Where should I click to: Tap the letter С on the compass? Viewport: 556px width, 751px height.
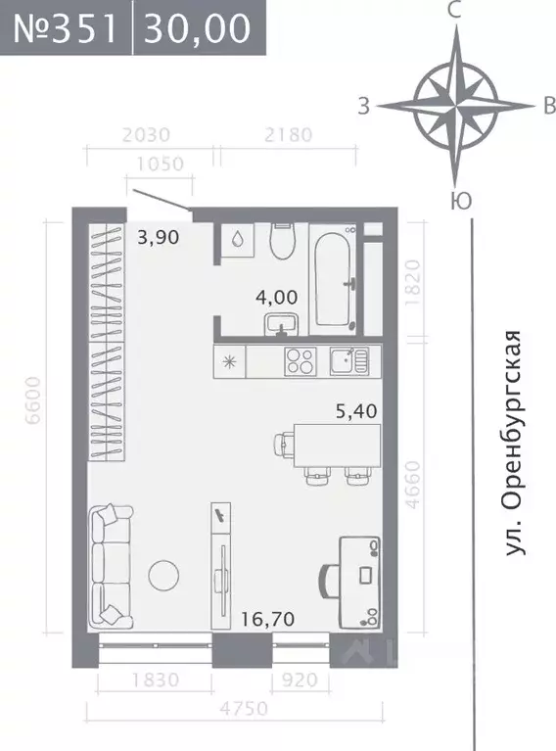pyautogui.click(x=453, y=12)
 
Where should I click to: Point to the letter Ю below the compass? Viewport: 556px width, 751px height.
pyautogui.click(x=455, y=202)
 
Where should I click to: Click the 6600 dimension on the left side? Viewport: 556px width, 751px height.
pyautogui.click(x=36, y=399)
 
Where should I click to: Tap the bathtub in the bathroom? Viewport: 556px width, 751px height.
pyautogui.click(x=332, y=278)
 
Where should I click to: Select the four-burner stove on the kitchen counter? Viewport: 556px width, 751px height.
pyautogui.click(x=300, y=361)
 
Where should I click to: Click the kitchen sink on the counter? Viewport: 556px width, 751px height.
pyautogui.click(x=347, y=361)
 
